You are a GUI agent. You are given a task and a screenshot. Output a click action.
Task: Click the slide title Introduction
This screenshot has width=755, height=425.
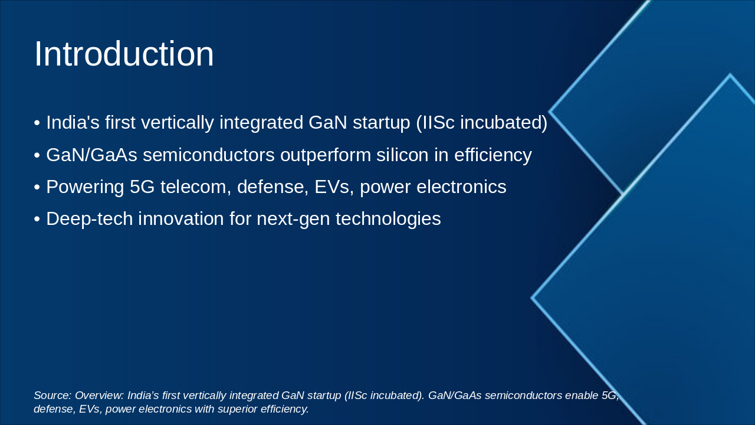click(124, 54)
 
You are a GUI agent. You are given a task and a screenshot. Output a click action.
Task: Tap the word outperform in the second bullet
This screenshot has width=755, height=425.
click(326, 155)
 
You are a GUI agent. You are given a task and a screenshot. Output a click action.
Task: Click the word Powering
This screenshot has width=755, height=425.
click(86, 187)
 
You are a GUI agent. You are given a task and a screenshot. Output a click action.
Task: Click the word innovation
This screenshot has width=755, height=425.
click(181, 218)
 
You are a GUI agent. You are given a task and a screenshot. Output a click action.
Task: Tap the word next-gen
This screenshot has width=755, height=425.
click(293, 219)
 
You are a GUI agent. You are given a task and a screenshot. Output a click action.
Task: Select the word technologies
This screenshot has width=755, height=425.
click(388, 219)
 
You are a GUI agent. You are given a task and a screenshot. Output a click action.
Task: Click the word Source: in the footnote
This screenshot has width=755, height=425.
click(52, 395)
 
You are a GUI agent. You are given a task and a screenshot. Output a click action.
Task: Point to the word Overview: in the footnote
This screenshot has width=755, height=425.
click(100, 395)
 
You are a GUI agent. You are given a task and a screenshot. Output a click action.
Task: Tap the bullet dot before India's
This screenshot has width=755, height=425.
click(37, 123)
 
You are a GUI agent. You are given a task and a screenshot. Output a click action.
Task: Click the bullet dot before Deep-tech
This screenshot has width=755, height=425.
click(37, 220)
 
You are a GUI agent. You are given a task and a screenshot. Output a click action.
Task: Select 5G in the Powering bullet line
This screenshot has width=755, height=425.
click(142, 187)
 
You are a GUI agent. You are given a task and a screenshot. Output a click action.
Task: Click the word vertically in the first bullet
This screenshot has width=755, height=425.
click(178, 123)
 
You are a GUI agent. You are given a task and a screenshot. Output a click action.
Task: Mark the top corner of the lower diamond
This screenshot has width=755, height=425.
click(730, 74)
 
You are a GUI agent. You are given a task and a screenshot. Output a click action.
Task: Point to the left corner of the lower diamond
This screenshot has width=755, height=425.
click(532, 298)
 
